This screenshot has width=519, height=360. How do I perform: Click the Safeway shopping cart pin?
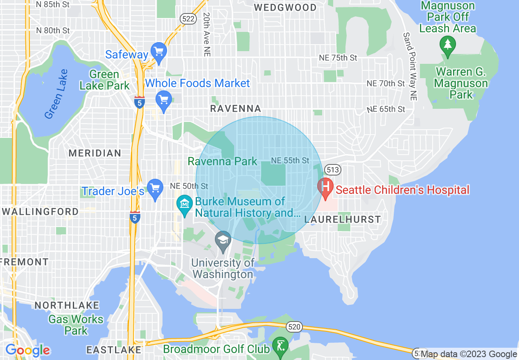158,52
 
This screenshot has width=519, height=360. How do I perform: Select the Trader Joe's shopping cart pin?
155,188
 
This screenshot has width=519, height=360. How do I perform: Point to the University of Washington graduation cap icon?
223,239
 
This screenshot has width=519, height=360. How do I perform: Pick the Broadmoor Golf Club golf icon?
280,346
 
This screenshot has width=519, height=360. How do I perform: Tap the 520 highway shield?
295,326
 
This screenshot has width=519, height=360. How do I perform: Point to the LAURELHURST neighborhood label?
343,220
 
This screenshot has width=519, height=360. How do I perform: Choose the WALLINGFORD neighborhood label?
40,211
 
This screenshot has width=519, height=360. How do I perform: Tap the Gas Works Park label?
76,325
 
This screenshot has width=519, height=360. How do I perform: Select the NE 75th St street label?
338,58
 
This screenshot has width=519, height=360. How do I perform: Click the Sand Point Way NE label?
410,67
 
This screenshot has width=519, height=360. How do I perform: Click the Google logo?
28,351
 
